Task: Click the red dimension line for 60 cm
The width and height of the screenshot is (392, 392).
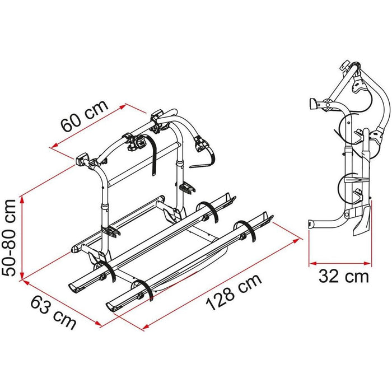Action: click(90, 127)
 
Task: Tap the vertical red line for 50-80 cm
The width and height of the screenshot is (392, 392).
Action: click(22, 236)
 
